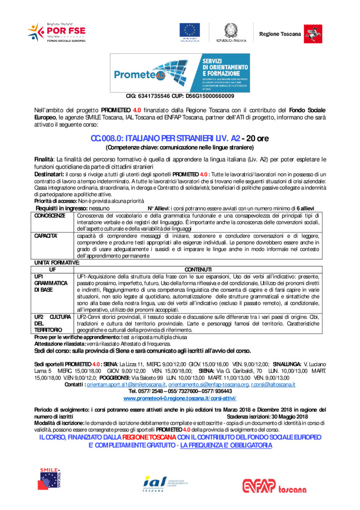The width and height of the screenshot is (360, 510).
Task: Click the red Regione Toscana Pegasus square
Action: pyautogui.click(x=313, y=34)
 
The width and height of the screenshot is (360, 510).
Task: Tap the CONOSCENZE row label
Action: pyautogui.click(x=49, y=216)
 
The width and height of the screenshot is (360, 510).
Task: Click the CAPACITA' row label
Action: pyautogui.click(x=45, y=235)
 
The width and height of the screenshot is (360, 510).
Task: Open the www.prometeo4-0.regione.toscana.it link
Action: pyautogui.click(x=180, y=398)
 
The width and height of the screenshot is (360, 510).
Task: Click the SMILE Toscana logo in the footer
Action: pyautogui.click(x=51, y=479)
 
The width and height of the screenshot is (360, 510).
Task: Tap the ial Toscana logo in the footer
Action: pyautogui.click(x=165, y=482)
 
